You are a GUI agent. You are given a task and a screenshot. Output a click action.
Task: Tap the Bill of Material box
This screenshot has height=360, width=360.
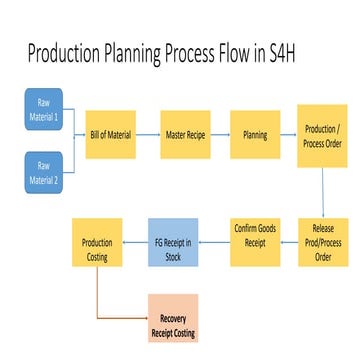[110, 135]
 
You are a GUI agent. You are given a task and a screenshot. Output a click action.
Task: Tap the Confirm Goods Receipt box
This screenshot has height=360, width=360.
[254, 241]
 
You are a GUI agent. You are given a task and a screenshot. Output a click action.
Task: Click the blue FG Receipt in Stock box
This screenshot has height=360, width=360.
[177, 241]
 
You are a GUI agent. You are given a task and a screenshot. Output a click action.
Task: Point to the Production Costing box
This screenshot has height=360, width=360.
[97, 241]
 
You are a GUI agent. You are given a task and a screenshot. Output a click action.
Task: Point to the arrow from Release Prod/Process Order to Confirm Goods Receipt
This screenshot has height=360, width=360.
[289, 241]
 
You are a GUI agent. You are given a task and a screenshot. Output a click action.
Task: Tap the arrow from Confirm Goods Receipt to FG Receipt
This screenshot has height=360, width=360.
[218, 241]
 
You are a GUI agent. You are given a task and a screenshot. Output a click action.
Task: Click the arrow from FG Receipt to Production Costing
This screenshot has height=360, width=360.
[136, 241]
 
